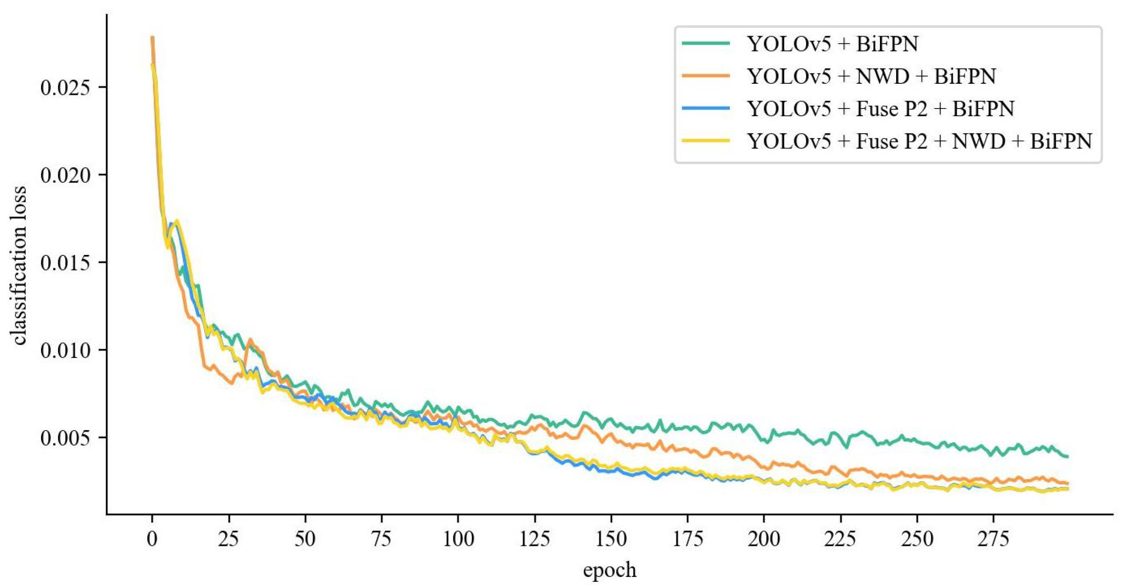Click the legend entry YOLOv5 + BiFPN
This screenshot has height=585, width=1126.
click(832, 44)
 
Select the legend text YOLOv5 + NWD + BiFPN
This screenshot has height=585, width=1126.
click(871, 77)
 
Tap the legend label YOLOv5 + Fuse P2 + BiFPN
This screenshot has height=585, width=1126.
click(880, 109)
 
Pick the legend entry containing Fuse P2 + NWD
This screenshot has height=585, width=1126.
click(920, 141)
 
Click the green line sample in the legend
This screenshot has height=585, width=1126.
click(706, 44)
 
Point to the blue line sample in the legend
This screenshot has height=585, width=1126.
click(706, 109)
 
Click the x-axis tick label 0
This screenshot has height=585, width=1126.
click(152, 539)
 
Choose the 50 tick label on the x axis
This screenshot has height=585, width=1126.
click(305, 539)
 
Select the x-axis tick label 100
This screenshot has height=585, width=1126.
click(458, 539)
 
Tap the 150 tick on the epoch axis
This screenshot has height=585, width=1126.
click(611, 539)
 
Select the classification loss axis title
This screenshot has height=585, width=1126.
click(19, 266)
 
